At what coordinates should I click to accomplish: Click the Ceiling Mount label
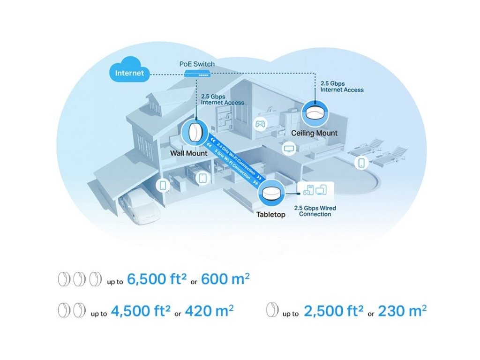314,133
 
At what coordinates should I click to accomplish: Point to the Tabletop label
270,215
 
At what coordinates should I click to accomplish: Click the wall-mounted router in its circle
195,132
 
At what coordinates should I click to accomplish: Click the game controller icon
259,124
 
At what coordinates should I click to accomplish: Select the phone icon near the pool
361,163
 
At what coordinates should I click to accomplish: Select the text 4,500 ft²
140,311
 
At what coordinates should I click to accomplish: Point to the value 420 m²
209,311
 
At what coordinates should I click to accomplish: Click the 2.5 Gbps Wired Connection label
315,211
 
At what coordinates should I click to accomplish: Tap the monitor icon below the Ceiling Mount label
289,149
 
